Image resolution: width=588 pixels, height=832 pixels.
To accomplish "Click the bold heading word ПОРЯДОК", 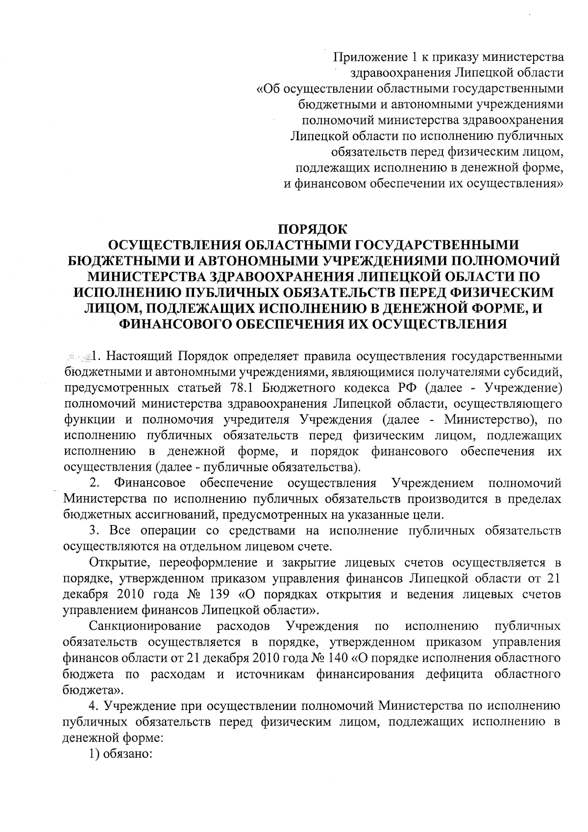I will point(312,229).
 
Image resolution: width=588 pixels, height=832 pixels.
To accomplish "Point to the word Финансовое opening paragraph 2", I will point(149,483).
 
